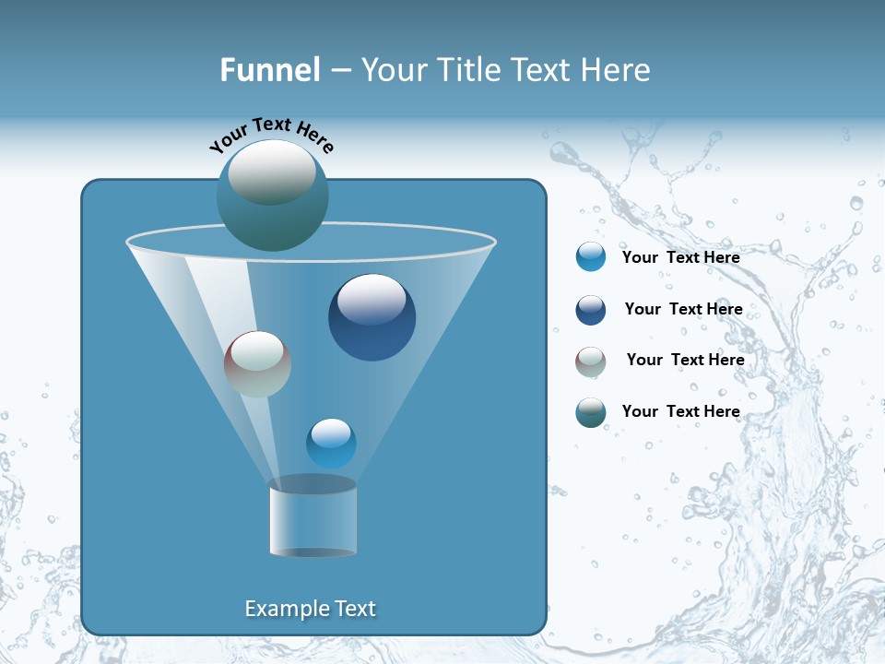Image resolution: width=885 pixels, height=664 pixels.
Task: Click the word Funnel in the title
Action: coord(269,70)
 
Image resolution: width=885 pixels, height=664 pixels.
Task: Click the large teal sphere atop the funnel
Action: coord(272,195)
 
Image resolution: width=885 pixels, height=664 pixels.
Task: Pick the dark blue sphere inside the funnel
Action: coord(372,317)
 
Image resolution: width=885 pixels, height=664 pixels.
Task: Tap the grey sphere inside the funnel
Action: coord(257,364)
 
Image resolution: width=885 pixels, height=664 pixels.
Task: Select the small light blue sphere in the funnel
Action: coord(331,444)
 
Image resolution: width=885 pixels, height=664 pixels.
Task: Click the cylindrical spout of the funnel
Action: coord(313,519)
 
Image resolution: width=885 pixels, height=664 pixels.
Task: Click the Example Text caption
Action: coord(311,609)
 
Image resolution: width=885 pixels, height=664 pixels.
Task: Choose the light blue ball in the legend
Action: coord(590,257)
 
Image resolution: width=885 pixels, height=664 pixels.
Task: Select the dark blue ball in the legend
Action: coord(590,310)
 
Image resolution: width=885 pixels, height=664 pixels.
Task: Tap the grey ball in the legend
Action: coord(590,362)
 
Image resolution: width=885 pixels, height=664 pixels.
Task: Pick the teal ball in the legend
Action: coord(590,412)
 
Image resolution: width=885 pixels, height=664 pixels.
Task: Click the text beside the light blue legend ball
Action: coord(680,257)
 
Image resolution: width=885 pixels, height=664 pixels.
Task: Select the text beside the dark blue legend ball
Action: coord(683,309)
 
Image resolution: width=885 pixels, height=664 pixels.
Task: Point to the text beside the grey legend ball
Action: coord(685,360)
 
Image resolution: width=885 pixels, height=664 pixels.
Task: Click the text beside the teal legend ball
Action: coord(680,411)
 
